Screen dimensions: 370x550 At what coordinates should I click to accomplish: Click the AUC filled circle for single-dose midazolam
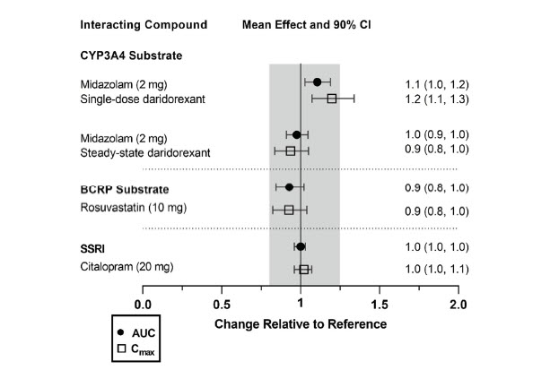tap(317, 82)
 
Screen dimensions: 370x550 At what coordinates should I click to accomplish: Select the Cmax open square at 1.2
tap(331, 99)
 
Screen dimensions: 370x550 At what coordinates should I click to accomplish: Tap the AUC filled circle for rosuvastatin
tap(289, 187)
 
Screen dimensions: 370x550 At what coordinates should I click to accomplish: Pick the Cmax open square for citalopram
tap(304, 269)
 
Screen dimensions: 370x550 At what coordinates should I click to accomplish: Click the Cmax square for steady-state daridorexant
tap(290, 151)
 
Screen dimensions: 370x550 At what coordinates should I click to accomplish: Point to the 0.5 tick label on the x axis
tap(221, 305)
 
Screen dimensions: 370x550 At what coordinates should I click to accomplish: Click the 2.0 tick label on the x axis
tap(458, 305)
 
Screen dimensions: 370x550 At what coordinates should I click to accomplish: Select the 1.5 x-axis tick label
tap(380, 305)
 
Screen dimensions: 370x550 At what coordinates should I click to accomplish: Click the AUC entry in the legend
tap(144, 332)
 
